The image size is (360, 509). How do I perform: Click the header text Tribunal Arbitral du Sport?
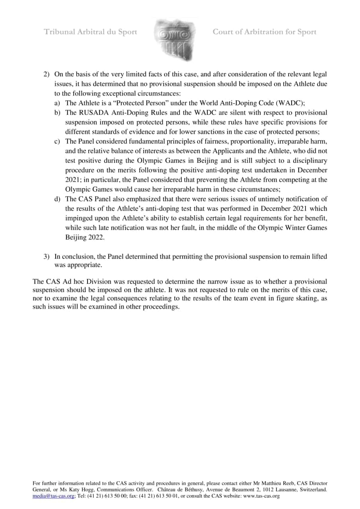point(90,32)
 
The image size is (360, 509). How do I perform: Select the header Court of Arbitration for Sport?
point(265,32)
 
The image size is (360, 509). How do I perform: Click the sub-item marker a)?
point(58,103)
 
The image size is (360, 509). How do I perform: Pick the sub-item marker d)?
point(58,199)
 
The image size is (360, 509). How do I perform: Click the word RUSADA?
point(91,113)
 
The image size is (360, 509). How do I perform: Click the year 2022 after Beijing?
point(96,237)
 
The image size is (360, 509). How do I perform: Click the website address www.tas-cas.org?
point(261,496)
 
